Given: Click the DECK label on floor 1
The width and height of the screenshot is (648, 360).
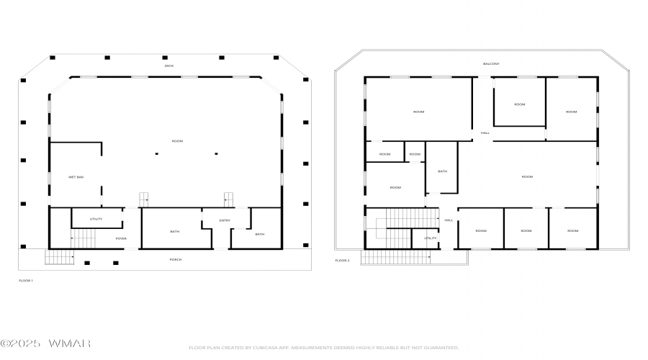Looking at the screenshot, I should coord(169,66).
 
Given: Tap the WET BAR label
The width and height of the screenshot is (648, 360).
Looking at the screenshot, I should coord(76,176).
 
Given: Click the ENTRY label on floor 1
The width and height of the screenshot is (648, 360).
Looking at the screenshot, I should coord(225,220).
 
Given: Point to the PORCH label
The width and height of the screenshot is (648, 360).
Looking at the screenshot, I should coord(175,259).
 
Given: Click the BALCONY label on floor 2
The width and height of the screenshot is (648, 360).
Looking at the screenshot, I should coord(490,64).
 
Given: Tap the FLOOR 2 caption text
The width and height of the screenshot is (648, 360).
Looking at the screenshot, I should coord(343,260).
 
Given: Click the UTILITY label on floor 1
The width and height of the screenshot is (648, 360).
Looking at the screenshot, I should coord(96,219).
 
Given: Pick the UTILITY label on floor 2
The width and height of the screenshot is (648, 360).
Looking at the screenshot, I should coord(430,238).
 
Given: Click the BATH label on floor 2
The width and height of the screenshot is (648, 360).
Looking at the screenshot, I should coord(442,171).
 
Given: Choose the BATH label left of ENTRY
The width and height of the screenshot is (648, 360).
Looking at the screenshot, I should coord(174,231).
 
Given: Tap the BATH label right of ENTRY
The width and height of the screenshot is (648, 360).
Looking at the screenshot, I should coord(259,234).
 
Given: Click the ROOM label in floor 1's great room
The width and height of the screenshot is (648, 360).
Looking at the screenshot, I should coord(177,141).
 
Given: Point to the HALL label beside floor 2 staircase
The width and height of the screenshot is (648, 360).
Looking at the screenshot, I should coord(448,220).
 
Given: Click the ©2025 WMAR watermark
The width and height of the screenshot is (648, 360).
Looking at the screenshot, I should coord(45,343).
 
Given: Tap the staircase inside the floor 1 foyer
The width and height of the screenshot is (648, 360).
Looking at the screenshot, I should coord(84,237).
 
